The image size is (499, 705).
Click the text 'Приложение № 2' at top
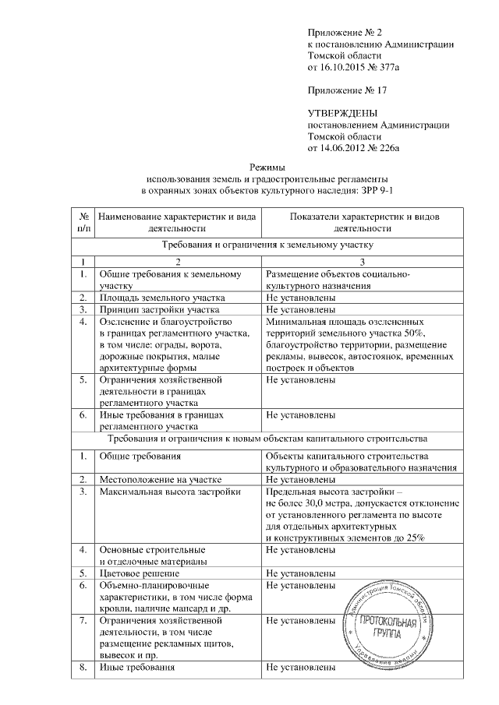coord(343,33)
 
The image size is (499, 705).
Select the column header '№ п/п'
coord(83,222)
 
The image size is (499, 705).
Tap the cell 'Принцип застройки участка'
coord(157,308)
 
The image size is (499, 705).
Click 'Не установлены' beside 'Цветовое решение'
coord(301,573)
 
